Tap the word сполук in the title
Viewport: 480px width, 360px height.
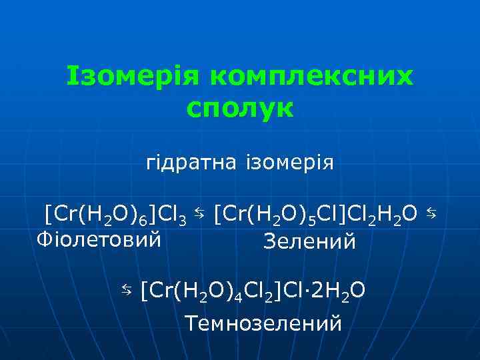coord(239,108)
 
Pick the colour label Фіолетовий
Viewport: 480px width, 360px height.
coord(99,238)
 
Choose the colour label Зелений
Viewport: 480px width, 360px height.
coord(310,241)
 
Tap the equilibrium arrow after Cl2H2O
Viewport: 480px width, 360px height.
coord(431,213)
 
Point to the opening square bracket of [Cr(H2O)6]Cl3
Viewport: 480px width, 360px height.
coord(47,214)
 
